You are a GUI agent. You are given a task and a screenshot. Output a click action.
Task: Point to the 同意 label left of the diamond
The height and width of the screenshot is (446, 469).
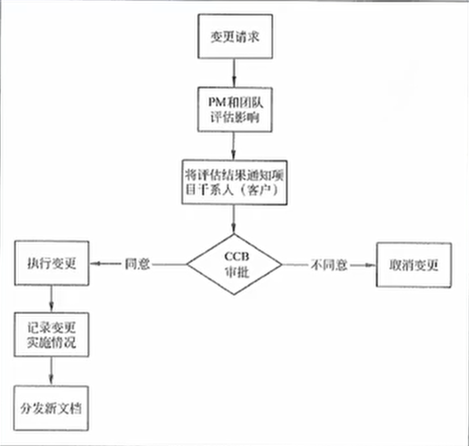137,264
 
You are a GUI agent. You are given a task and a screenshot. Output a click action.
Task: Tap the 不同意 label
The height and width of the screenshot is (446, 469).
329,265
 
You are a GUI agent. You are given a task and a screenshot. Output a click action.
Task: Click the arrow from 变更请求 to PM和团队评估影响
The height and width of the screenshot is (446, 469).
234,73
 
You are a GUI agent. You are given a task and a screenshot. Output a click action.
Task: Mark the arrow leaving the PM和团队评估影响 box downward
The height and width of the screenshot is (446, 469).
234,146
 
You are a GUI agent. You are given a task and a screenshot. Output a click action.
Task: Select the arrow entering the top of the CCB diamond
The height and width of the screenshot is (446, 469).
234,219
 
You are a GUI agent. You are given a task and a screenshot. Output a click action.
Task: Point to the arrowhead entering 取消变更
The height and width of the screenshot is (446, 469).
371,265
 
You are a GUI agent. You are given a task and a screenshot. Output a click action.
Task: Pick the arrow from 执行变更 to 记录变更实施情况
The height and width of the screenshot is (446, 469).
51,299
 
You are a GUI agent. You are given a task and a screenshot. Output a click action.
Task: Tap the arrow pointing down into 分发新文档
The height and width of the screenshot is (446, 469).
51,371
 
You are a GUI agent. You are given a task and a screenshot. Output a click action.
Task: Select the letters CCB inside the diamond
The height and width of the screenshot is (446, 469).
237,256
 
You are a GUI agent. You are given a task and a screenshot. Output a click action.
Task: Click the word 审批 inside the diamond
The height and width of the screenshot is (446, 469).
237,272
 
